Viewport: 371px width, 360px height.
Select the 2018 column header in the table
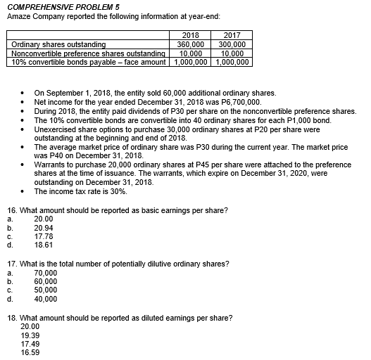190,34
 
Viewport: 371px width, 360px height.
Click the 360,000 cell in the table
190,44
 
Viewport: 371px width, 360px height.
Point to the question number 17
10,264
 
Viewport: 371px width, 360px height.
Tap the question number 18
10,319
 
